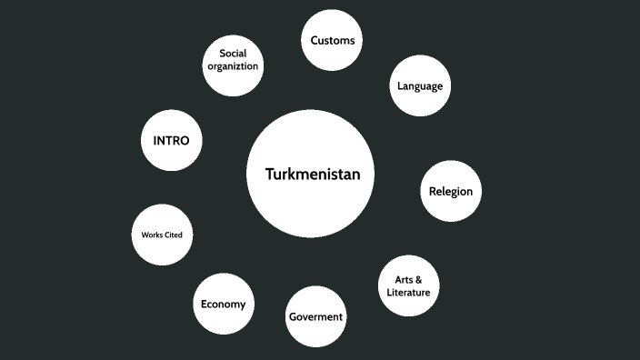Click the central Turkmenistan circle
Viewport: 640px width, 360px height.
310,174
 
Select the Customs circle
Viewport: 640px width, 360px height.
332,40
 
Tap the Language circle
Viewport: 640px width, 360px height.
420,86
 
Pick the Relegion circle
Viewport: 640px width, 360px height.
451,192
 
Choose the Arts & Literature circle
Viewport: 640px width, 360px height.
408,285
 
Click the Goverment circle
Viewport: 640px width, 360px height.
315,316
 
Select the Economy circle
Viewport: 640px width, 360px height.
223,304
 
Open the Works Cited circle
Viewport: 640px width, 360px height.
162,235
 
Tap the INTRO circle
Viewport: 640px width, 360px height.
171,141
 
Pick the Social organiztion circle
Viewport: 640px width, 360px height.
233,65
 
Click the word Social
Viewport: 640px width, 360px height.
233,54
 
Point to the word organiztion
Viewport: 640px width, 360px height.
233,66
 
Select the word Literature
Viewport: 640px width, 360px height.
408,293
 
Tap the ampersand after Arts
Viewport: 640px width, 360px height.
418,279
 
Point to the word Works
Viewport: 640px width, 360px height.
152,235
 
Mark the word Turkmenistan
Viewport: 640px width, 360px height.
310,174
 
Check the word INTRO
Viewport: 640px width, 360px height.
171,141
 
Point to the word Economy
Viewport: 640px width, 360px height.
223,304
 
